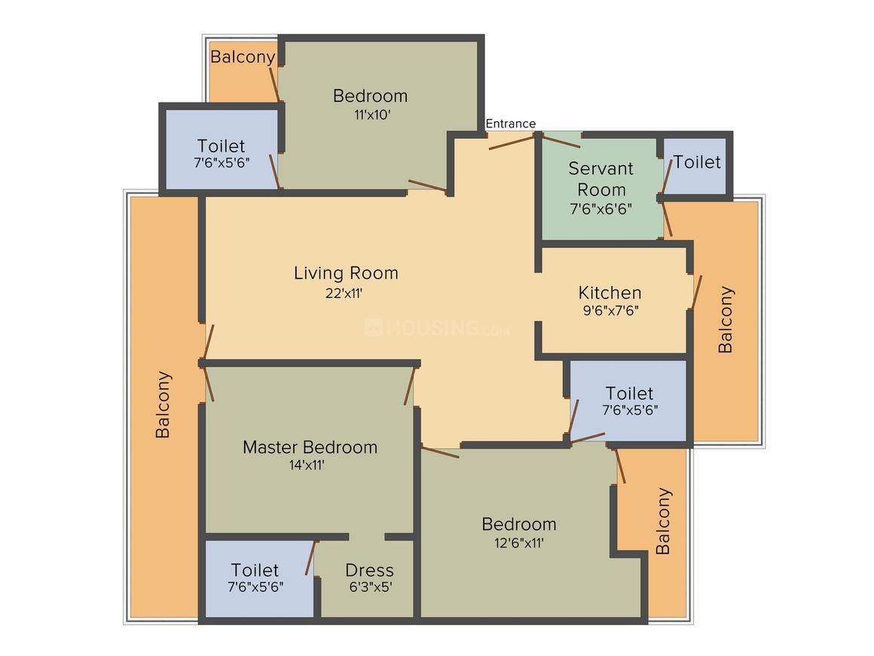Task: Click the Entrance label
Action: (x=511, y=124)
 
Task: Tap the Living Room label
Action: (x=346, y=273)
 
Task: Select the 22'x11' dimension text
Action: (x=344, y=293)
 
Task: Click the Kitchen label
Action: (x=610, y=293)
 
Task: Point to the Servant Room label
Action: (x=601, y=179)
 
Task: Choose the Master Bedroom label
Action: (x=310, y=447)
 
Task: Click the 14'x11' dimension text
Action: (x=307, y=465)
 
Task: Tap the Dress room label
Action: (x=369, y=570)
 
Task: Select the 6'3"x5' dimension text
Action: (x=371, y=587)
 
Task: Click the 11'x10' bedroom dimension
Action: (x=371, y=115)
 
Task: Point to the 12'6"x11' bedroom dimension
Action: (x=519, y=543)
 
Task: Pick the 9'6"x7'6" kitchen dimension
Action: (x=610, y=311)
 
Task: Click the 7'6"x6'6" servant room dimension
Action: (x=601, y=209)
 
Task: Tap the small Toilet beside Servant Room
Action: (x=697, y=162)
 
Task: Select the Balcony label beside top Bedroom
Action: (x=243, y=57)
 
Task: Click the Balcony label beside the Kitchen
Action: (x=725, y=320)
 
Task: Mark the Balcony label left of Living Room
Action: (x=163, y=404)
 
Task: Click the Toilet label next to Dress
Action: (x=255, y=570)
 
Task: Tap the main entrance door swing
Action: (x=512, y=143)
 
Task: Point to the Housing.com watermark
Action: (x=438, y=328)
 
